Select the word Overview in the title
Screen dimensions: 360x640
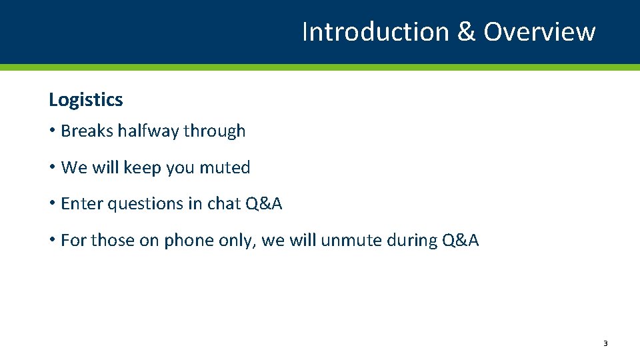pyautogui.click(x=539, y=32)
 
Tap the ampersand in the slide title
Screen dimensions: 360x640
pyautogui.click(x=466, y=32)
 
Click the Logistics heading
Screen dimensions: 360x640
pyautogui.click(x=86, y=100)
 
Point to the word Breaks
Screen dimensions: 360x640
pyautogui.click(x=87, y=131)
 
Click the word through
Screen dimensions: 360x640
pyautogui.click(x=215, y=131)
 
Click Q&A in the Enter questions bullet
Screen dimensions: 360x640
pyautogui.click(x=264, y=204)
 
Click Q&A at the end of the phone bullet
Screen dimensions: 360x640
pyautogui.click(x=461, y=240)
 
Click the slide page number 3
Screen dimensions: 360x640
pyautogui.click(x=605, y=343)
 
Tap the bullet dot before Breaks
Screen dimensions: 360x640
pyautogui.click(x=52, y=131)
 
